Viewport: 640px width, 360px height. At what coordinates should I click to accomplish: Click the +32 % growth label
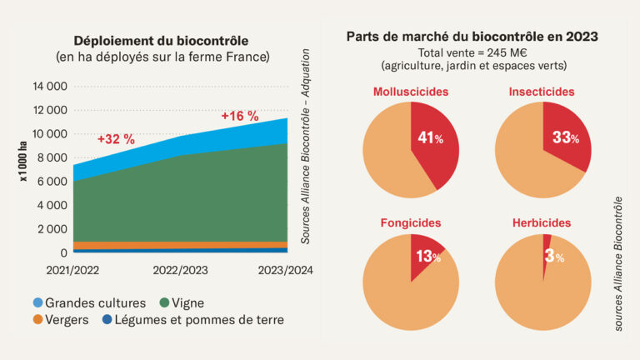click(116, 139)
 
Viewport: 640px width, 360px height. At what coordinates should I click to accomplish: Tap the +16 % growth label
click(239, 116)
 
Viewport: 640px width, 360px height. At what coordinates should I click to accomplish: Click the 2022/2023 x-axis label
click(181, 271)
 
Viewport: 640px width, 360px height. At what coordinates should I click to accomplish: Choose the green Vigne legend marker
click(164, 302)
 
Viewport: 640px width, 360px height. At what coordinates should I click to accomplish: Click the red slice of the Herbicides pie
click(547, 241)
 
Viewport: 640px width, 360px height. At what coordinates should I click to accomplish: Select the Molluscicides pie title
click(411, 92)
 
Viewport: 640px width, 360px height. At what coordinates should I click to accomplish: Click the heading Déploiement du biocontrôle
click(161, 41)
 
